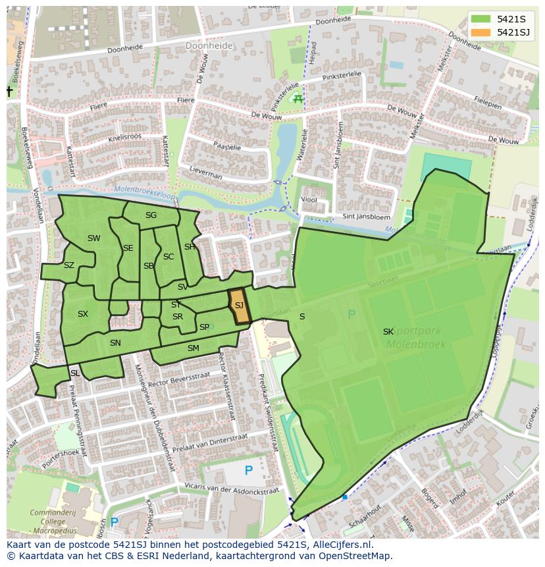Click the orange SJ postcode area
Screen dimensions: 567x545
240,306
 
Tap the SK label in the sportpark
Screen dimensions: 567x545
388,332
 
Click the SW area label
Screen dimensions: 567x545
94,238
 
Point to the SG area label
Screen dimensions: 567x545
151,215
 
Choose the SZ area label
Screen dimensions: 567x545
69,265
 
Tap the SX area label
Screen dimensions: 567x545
82,314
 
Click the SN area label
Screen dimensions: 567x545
115,343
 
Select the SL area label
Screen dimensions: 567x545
75,373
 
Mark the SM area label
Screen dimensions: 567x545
193,348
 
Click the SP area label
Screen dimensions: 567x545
204,327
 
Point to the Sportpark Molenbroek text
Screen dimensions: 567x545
416,338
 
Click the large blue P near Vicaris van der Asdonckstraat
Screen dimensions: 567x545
248,470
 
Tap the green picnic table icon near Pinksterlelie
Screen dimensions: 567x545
298,99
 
